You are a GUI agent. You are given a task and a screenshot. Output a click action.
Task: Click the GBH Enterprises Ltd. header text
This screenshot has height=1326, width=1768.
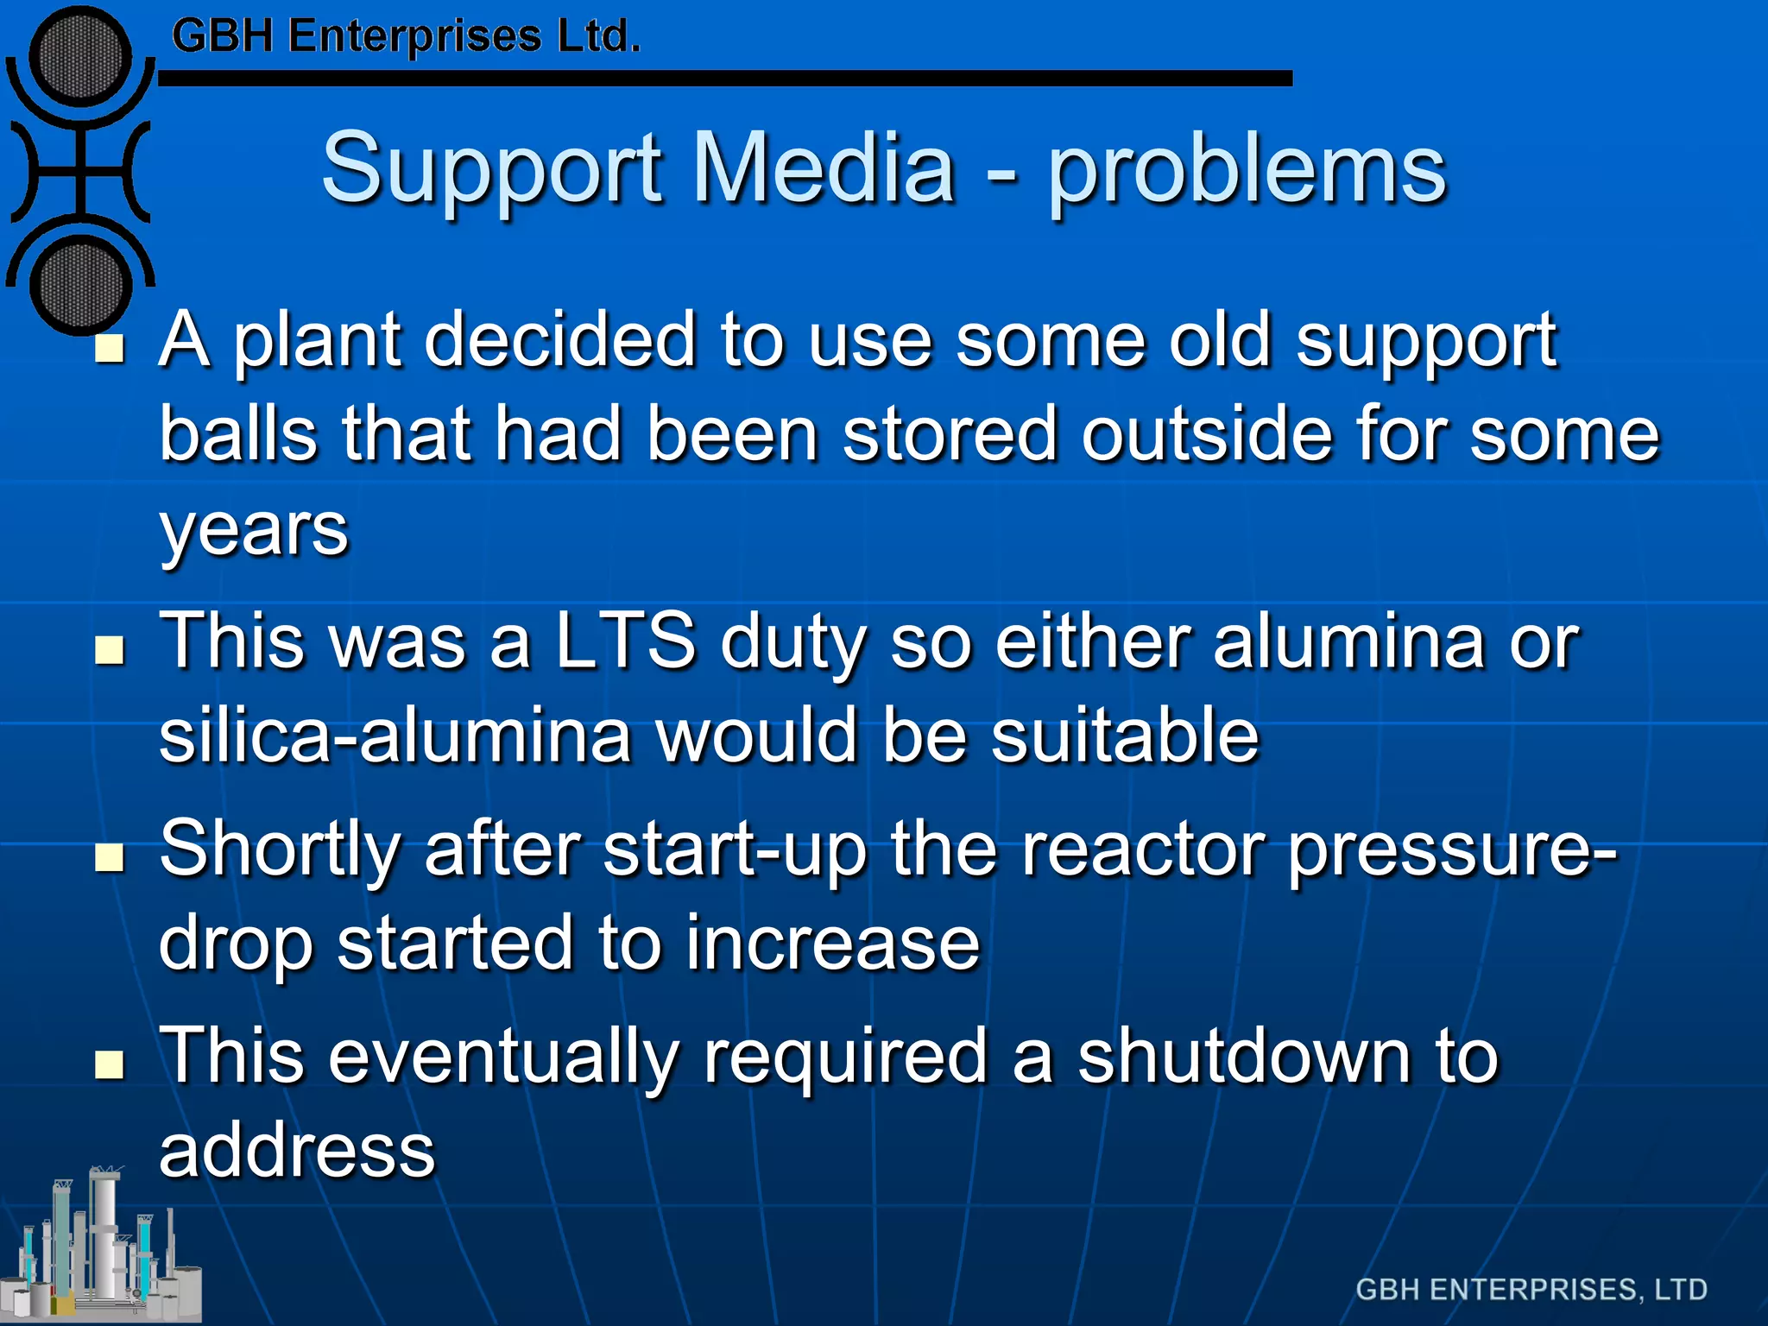click(x=406, y=36)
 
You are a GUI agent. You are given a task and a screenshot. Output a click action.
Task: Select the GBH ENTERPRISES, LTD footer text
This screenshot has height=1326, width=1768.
click(x=1531, y=1289)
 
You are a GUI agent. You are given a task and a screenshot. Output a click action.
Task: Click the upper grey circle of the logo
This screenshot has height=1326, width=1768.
click(x=80, y=57)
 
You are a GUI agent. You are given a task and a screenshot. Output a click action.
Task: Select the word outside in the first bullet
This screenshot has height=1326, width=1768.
click(x=1207, y=433)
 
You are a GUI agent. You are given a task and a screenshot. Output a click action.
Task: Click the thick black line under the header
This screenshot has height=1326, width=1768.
click(x=725, y=79)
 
